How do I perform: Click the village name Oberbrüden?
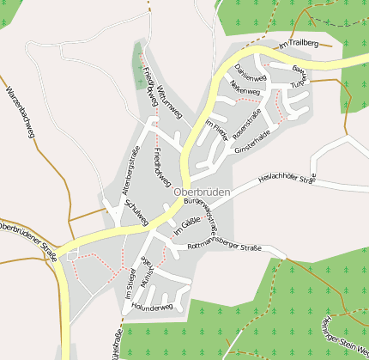point(201,192)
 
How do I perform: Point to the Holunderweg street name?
point(153,307)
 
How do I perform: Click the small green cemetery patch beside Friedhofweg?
point(137,64)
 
